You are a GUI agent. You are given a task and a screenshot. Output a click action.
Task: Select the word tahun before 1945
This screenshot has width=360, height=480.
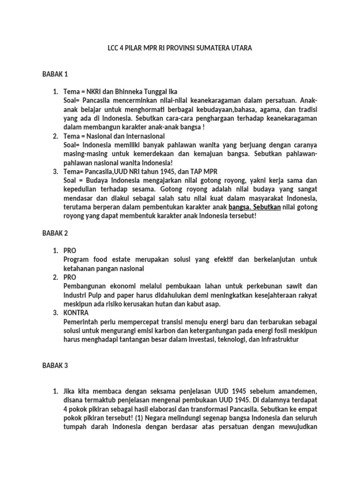(x=151, y=172)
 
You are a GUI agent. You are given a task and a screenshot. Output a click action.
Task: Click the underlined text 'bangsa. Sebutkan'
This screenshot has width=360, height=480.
(x=254, y=207)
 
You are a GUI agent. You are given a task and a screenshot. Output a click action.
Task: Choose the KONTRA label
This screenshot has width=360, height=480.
(x=76, y=313)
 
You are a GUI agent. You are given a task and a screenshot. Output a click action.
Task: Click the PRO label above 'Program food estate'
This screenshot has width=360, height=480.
(x=70, y=251)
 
